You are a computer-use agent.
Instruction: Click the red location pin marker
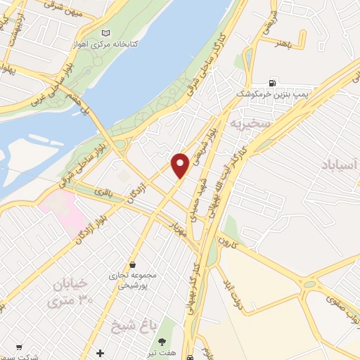tap(181, 165)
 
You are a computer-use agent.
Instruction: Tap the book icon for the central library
tap(106, 33)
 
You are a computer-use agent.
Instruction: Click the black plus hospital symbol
tap(101, 352)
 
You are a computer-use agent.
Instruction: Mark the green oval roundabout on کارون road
tap(309, 284)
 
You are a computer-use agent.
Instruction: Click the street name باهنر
tap(283, 41)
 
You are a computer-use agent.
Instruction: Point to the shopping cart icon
tap(19, 347)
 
